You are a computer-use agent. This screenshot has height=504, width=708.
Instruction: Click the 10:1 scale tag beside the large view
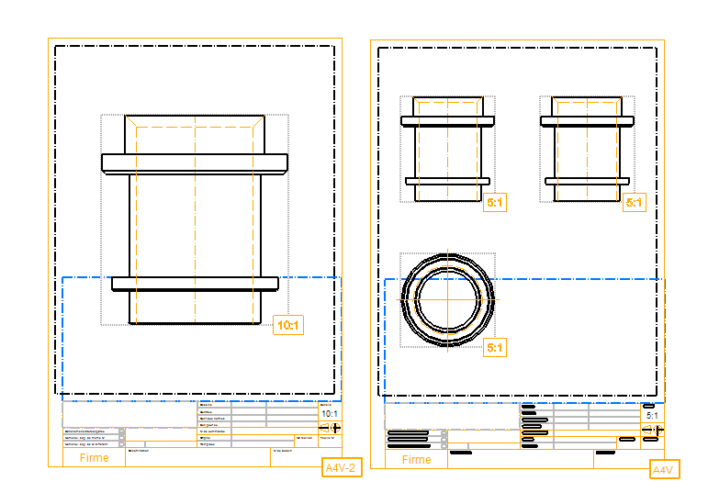pos(288,325)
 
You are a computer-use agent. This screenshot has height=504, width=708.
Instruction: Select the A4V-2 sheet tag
pos(341,468)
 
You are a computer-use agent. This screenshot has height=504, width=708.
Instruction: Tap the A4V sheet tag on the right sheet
pos(663,470)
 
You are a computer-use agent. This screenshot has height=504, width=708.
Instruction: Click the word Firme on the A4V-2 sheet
pos(94,458)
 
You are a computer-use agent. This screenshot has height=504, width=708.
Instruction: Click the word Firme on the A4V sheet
pos(416,460)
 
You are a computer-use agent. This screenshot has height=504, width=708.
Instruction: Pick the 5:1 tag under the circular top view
pos(495,348)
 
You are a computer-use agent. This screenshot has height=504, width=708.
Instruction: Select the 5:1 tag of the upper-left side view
pos(495,203)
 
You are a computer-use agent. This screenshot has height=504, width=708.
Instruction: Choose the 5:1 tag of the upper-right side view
pos(634,203)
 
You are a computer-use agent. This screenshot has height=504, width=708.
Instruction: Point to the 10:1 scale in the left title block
pos(330,414)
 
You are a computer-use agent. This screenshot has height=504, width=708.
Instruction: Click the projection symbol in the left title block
pos(330,428)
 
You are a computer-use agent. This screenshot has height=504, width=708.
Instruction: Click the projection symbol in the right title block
pos(652,430)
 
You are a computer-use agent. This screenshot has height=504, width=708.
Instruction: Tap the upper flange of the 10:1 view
pos(195,163)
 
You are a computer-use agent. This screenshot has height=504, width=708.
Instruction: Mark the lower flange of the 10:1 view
pos(195,284)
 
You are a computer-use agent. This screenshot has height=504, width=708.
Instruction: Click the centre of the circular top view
pos(448,299)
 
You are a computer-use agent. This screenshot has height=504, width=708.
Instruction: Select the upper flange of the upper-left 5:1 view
pos(448,120)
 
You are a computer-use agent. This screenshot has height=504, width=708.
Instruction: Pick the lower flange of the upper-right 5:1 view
pos(588,181)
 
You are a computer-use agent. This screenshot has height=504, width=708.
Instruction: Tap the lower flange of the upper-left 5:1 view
pos(448,181)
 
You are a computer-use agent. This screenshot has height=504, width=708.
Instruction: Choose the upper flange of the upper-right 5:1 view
pos(588,120)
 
